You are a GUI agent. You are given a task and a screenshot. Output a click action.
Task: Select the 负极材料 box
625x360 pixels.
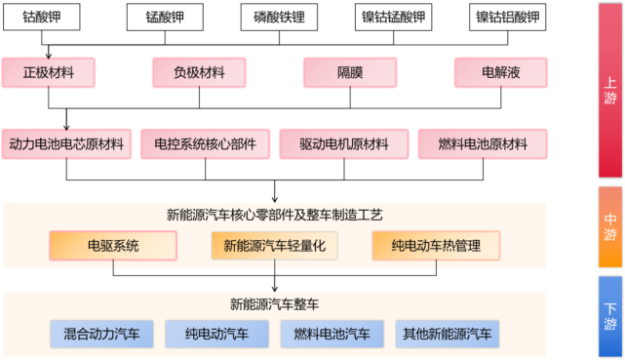199,72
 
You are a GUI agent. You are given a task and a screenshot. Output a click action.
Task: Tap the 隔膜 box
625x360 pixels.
350,72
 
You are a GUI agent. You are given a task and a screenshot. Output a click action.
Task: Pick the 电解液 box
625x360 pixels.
501,72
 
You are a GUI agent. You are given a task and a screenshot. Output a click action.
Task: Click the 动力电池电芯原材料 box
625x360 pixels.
66,144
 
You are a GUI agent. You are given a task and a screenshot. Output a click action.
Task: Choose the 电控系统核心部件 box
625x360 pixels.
205,144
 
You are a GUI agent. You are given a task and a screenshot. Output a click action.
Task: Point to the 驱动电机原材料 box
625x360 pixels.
345,144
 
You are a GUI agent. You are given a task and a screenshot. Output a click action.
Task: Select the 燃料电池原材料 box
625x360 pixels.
483,144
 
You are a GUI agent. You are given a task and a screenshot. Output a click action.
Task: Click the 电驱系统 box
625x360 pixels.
113,246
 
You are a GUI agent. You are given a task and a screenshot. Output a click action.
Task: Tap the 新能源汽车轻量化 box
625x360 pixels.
274,246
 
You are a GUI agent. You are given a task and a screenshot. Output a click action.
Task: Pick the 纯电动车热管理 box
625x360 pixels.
436,246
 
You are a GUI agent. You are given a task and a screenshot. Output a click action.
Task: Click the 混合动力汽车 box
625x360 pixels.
101,335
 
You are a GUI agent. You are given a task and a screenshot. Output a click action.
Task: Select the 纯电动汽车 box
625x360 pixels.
217,335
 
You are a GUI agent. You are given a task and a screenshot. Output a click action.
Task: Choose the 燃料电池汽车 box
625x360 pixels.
332,335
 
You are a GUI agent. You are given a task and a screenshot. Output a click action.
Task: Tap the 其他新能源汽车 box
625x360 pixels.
448,335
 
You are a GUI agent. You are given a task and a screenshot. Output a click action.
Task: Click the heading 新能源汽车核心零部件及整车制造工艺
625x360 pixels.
274,215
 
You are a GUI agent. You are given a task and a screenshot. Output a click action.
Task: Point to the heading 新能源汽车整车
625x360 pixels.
274,303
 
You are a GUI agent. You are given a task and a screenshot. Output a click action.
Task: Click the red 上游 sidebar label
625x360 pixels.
610,94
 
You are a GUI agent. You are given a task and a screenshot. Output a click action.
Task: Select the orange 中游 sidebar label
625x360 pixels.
610,226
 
